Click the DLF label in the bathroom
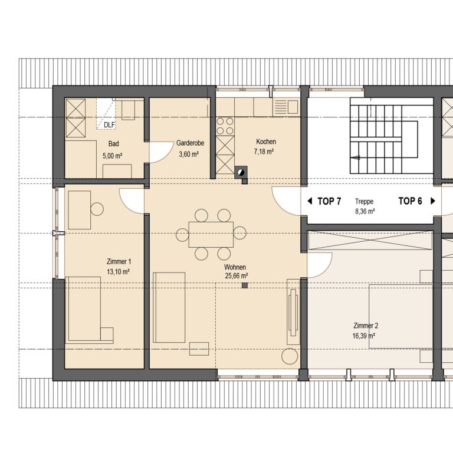tap(109, 125)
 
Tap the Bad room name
tap(113, 143)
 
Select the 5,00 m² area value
tap(113, 156)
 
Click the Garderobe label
tap(190, 143)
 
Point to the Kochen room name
tap(266, 142)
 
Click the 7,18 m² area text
tap(264, 152)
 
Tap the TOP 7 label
tap(329, 201)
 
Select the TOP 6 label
tap(411, 201)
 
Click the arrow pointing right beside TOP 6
tap(433, 201)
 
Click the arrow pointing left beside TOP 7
tap(310, 201)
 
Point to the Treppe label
tap(365, 201)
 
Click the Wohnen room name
tap(235, 267)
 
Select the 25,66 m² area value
tap(237, 276)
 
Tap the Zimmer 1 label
tap(119, 262)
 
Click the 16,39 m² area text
tap(364, 336)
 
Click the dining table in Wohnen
tap(211, 234)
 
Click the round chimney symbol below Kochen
tap(241, 173)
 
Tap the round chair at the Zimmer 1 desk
tap(97, 209)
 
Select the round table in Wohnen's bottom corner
tap(290, 356)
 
